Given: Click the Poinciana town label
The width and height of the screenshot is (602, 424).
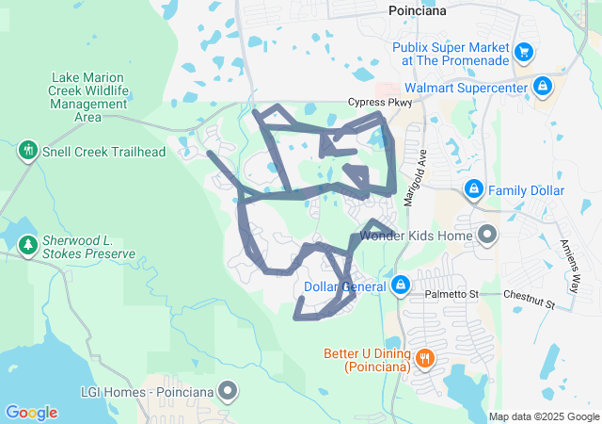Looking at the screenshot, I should point(418,10).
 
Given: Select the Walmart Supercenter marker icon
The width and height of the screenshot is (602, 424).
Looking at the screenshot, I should point(542,87).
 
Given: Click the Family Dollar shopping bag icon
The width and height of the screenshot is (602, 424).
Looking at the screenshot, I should point(475,190).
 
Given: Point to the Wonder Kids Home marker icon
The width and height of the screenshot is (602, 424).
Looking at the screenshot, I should point(487,233).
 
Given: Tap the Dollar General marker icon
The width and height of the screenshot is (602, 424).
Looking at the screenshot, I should point(401,284).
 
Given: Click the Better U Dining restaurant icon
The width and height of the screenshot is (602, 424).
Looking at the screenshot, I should point(425,358).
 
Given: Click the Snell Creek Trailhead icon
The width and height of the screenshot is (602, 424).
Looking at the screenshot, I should point(28,150).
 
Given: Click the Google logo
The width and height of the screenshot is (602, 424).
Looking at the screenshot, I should point(31,412).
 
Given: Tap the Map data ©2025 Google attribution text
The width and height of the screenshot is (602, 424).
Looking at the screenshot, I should point(544,416).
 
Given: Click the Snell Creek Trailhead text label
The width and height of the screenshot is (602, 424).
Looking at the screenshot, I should point(103,151).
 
